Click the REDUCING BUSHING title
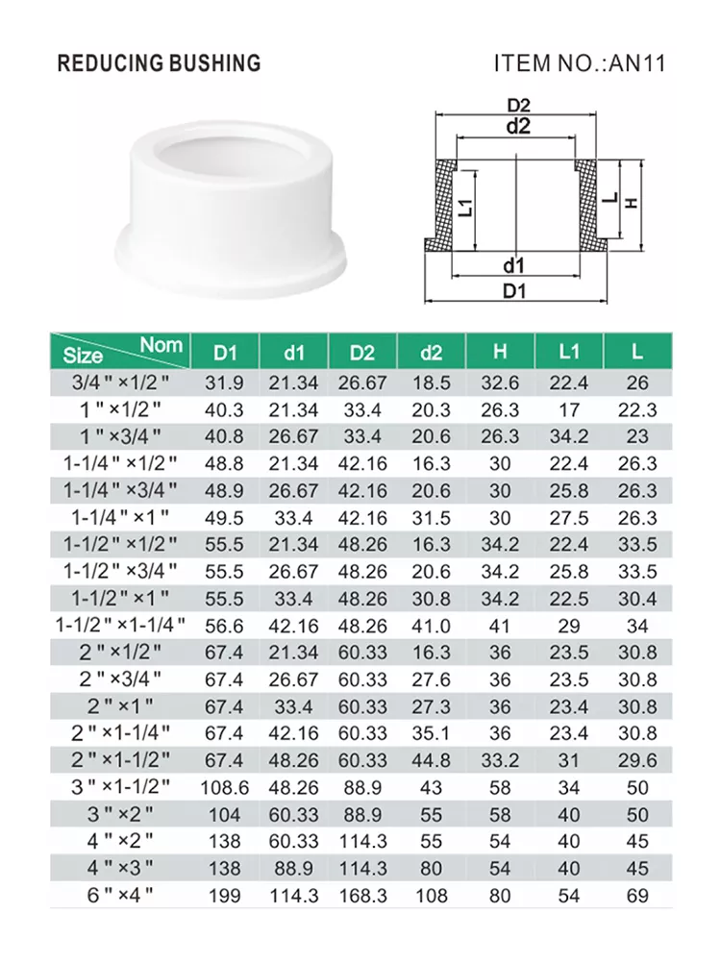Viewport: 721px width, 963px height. pos(159,63)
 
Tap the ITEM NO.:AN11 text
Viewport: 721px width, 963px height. pos(580,63)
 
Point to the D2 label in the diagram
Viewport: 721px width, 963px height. pos(518,105)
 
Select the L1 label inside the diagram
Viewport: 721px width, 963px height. pos(466,208)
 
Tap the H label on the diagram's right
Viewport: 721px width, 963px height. pos(632,203)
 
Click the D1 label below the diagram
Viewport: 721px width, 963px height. pos(514,290)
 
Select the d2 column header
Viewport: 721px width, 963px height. pos(431,353)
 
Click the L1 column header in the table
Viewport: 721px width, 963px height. pos(569,352)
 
